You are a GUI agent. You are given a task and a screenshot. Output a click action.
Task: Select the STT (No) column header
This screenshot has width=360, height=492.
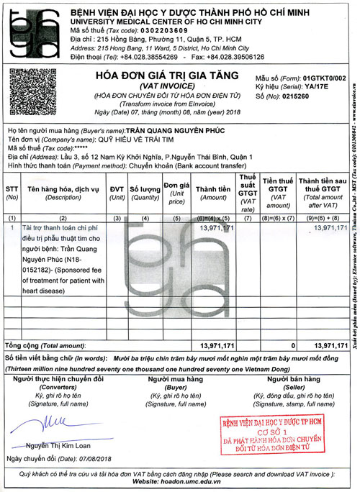tap(12, 192)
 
